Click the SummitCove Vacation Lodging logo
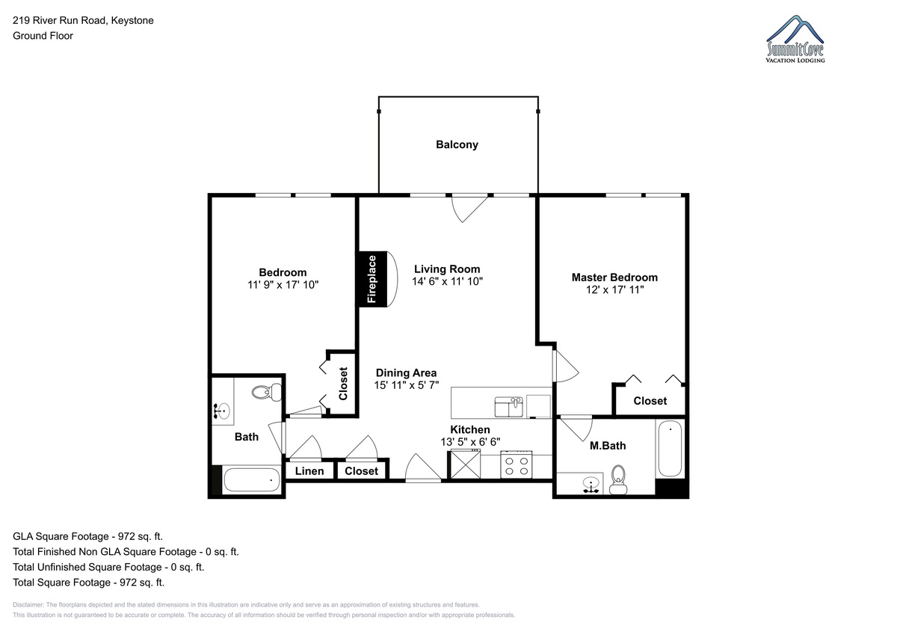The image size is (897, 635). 795,39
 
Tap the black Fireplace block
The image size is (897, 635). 373,279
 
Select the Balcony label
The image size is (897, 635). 457,144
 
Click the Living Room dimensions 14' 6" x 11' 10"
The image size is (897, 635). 447,281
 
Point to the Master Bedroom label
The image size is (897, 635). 614,277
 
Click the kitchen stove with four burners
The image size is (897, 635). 517,464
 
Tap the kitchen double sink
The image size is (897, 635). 508,407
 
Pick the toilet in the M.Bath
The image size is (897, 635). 618,479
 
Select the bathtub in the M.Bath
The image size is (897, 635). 670,448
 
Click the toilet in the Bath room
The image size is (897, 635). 267,392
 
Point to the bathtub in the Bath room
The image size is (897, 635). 251,480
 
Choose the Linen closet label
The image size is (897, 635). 309,471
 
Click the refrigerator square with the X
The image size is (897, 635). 465,464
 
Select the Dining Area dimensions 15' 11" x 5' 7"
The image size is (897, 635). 407,385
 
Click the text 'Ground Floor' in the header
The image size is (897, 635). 43,36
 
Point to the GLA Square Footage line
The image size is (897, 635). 87,536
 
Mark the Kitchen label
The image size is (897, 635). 470,429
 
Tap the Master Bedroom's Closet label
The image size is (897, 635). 650,401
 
